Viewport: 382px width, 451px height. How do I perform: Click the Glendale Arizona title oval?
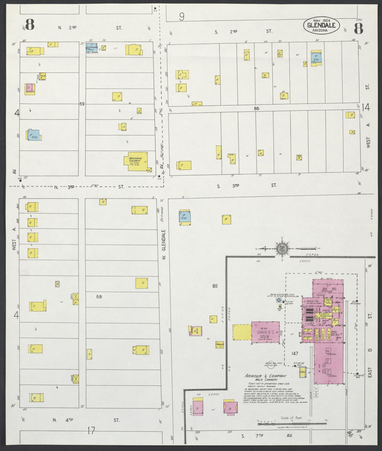click(321, 25)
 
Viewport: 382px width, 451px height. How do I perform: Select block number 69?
click(82, 104)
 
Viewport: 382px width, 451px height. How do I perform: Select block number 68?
click(99, 297)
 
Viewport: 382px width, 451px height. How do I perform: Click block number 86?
click(256, 108)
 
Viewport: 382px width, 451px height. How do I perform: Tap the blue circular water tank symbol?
click(279, 300)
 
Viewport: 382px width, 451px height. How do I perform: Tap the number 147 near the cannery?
click(295, 353)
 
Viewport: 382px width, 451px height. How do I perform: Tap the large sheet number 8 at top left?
click(30, 25)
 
